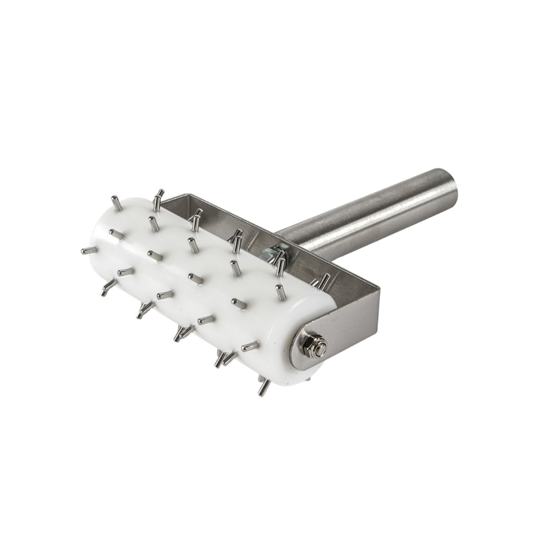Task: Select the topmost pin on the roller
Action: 158,194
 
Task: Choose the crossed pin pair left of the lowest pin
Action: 221,359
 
